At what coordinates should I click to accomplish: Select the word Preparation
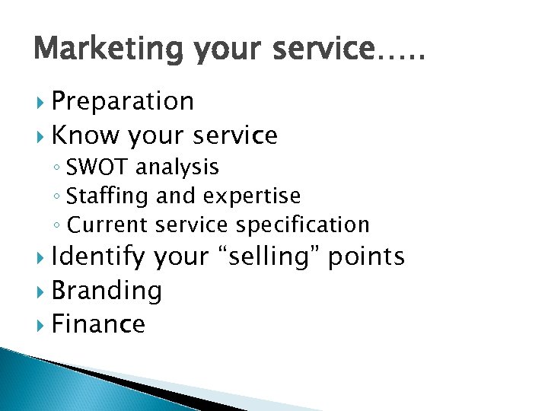(x=123, y=101)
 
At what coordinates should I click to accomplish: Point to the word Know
(x=84, y=135)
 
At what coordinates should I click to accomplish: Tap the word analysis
(x=178, y=167)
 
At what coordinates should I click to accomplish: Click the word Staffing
(x=108, y=196)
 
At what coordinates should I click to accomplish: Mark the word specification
(x=302, y=225)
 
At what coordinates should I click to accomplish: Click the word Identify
(x=98, y=257)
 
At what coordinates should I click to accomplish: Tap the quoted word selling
(x=267, y=257)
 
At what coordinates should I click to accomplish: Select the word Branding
(x=107, y=291)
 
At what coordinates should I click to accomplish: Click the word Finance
(x=98, y=324)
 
